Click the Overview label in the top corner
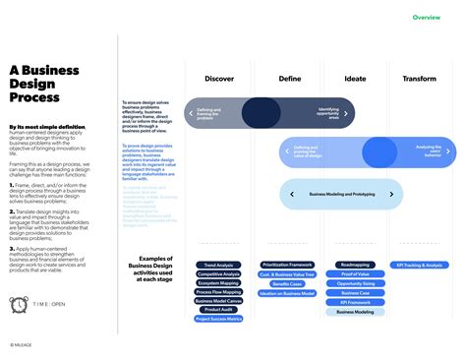(426, 18)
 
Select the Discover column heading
(219, 79)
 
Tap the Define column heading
(290, 79)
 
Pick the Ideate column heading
(355, 79)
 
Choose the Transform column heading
(420, 79)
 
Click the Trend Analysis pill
(218, 265)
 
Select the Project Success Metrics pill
(218, 319)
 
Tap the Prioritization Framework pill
(287, 265)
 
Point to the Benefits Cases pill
(287, 283)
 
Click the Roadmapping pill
(355, 265)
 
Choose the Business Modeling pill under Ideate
(355, 311)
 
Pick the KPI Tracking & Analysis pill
(420, 265)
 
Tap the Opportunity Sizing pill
(355, 283)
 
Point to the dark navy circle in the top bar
(261, 113)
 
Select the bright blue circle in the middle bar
(379, 152)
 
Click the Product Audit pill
(218, 310)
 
